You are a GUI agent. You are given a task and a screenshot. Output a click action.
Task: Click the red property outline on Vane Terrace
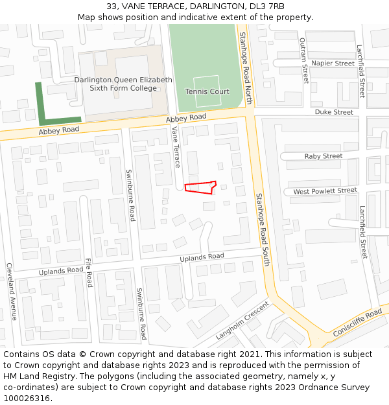click(x=200, y=187)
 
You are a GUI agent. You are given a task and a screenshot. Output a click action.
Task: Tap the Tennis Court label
click(x=207, y=92)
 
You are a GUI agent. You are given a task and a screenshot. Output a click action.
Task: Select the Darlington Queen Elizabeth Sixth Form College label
click(x=123, y=84)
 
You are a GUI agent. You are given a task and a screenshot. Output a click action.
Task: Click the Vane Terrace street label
click(x=176, y=146)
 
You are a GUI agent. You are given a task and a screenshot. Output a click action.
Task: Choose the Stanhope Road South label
click(x=262, y=229)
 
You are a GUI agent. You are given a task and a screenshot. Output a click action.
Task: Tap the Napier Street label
click(x=333, y=64)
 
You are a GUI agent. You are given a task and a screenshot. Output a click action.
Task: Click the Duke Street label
click(x=334, y=112)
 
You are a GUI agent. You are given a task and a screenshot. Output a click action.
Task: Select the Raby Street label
click(x=324, y=156)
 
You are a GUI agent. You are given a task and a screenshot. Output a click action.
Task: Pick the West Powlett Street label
click(x=325, y=191)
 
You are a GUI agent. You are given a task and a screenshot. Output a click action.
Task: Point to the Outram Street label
click(x=303, y=60)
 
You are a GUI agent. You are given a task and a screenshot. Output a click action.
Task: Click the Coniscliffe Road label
click(x=358, y=322)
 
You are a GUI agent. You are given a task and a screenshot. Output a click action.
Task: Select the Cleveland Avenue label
click(x=10, y=292)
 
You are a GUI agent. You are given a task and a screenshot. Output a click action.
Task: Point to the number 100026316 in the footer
click(x=27, y=399)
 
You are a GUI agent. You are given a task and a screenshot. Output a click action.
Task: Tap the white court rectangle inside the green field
click(x=207, y=91)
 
